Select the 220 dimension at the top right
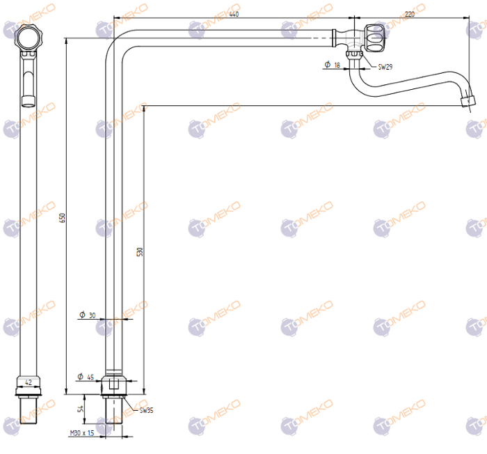pos(409,14)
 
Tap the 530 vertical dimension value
pos(139,251)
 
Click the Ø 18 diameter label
pos(332,65)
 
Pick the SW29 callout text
pos(385,68)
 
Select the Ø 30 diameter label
pos(87,315)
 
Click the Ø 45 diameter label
pos(86,377)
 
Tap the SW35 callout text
pos(146,411)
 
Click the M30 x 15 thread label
pos(82,433)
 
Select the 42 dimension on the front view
pos(29,382)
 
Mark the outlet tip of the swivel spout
pos(467,102)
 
